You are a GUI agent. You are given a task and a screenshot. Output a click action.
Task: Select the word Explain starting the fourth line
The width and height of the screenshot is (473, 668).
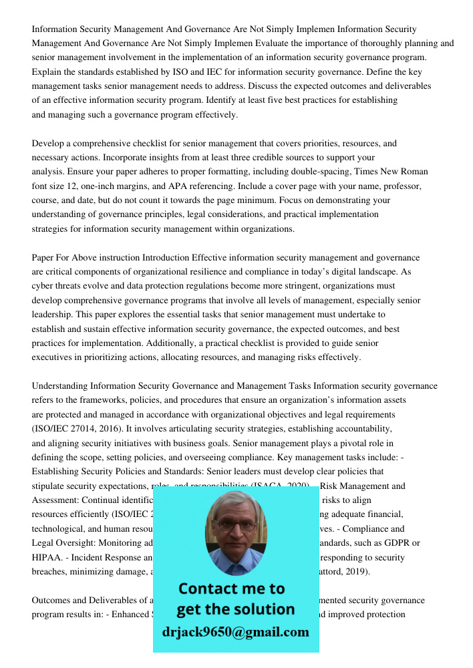coord(47,71)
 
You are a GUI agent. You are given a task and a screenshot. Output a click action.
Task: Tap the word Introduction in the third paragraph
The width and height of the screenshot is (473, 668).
coord(166,257)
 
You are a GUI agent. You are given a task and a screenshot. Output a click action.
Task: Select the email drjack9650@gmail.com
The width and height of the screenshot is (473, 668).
coord(235,631)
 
